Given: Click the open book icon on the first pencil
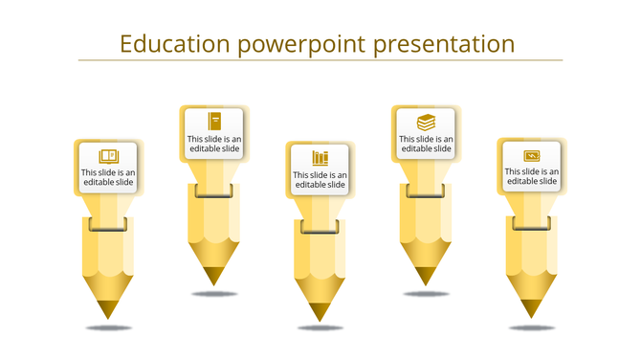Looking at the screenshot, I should pos(108,156).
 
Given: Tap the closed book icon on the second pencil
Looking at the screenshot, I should pos(214,121).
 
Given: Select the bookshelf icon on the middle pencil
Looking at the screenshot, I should pos(320,157).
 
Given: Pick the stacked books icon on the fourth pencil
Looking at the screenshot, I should pos(426,122).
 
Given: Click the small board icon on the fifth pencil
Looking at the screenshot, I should pos(532,155).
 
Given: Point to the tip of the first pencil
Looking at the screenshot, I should pos(108,312).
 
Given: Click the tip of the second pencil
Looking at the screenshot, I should pos(214,279).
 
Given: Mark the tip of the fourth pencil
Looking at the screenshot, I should pos(426,279).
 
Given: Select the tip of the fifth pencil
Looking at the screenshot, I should pos(532,311).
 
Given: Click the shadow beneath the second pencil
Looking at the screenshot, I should pos(214,294).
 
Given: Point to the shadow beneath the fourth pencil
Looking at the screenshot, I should pos(426,294).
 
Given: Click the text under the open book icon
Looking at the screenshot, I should pos(108,178).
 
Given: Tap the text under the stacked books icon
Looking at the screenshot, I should pos(426,144).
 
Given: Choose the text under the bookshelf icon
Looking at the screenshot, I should pos(320,179).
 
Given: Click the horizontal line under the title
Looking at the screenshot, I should pos(320,61).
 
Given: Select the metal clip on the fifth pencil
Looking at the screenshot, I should pos(532,223).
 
